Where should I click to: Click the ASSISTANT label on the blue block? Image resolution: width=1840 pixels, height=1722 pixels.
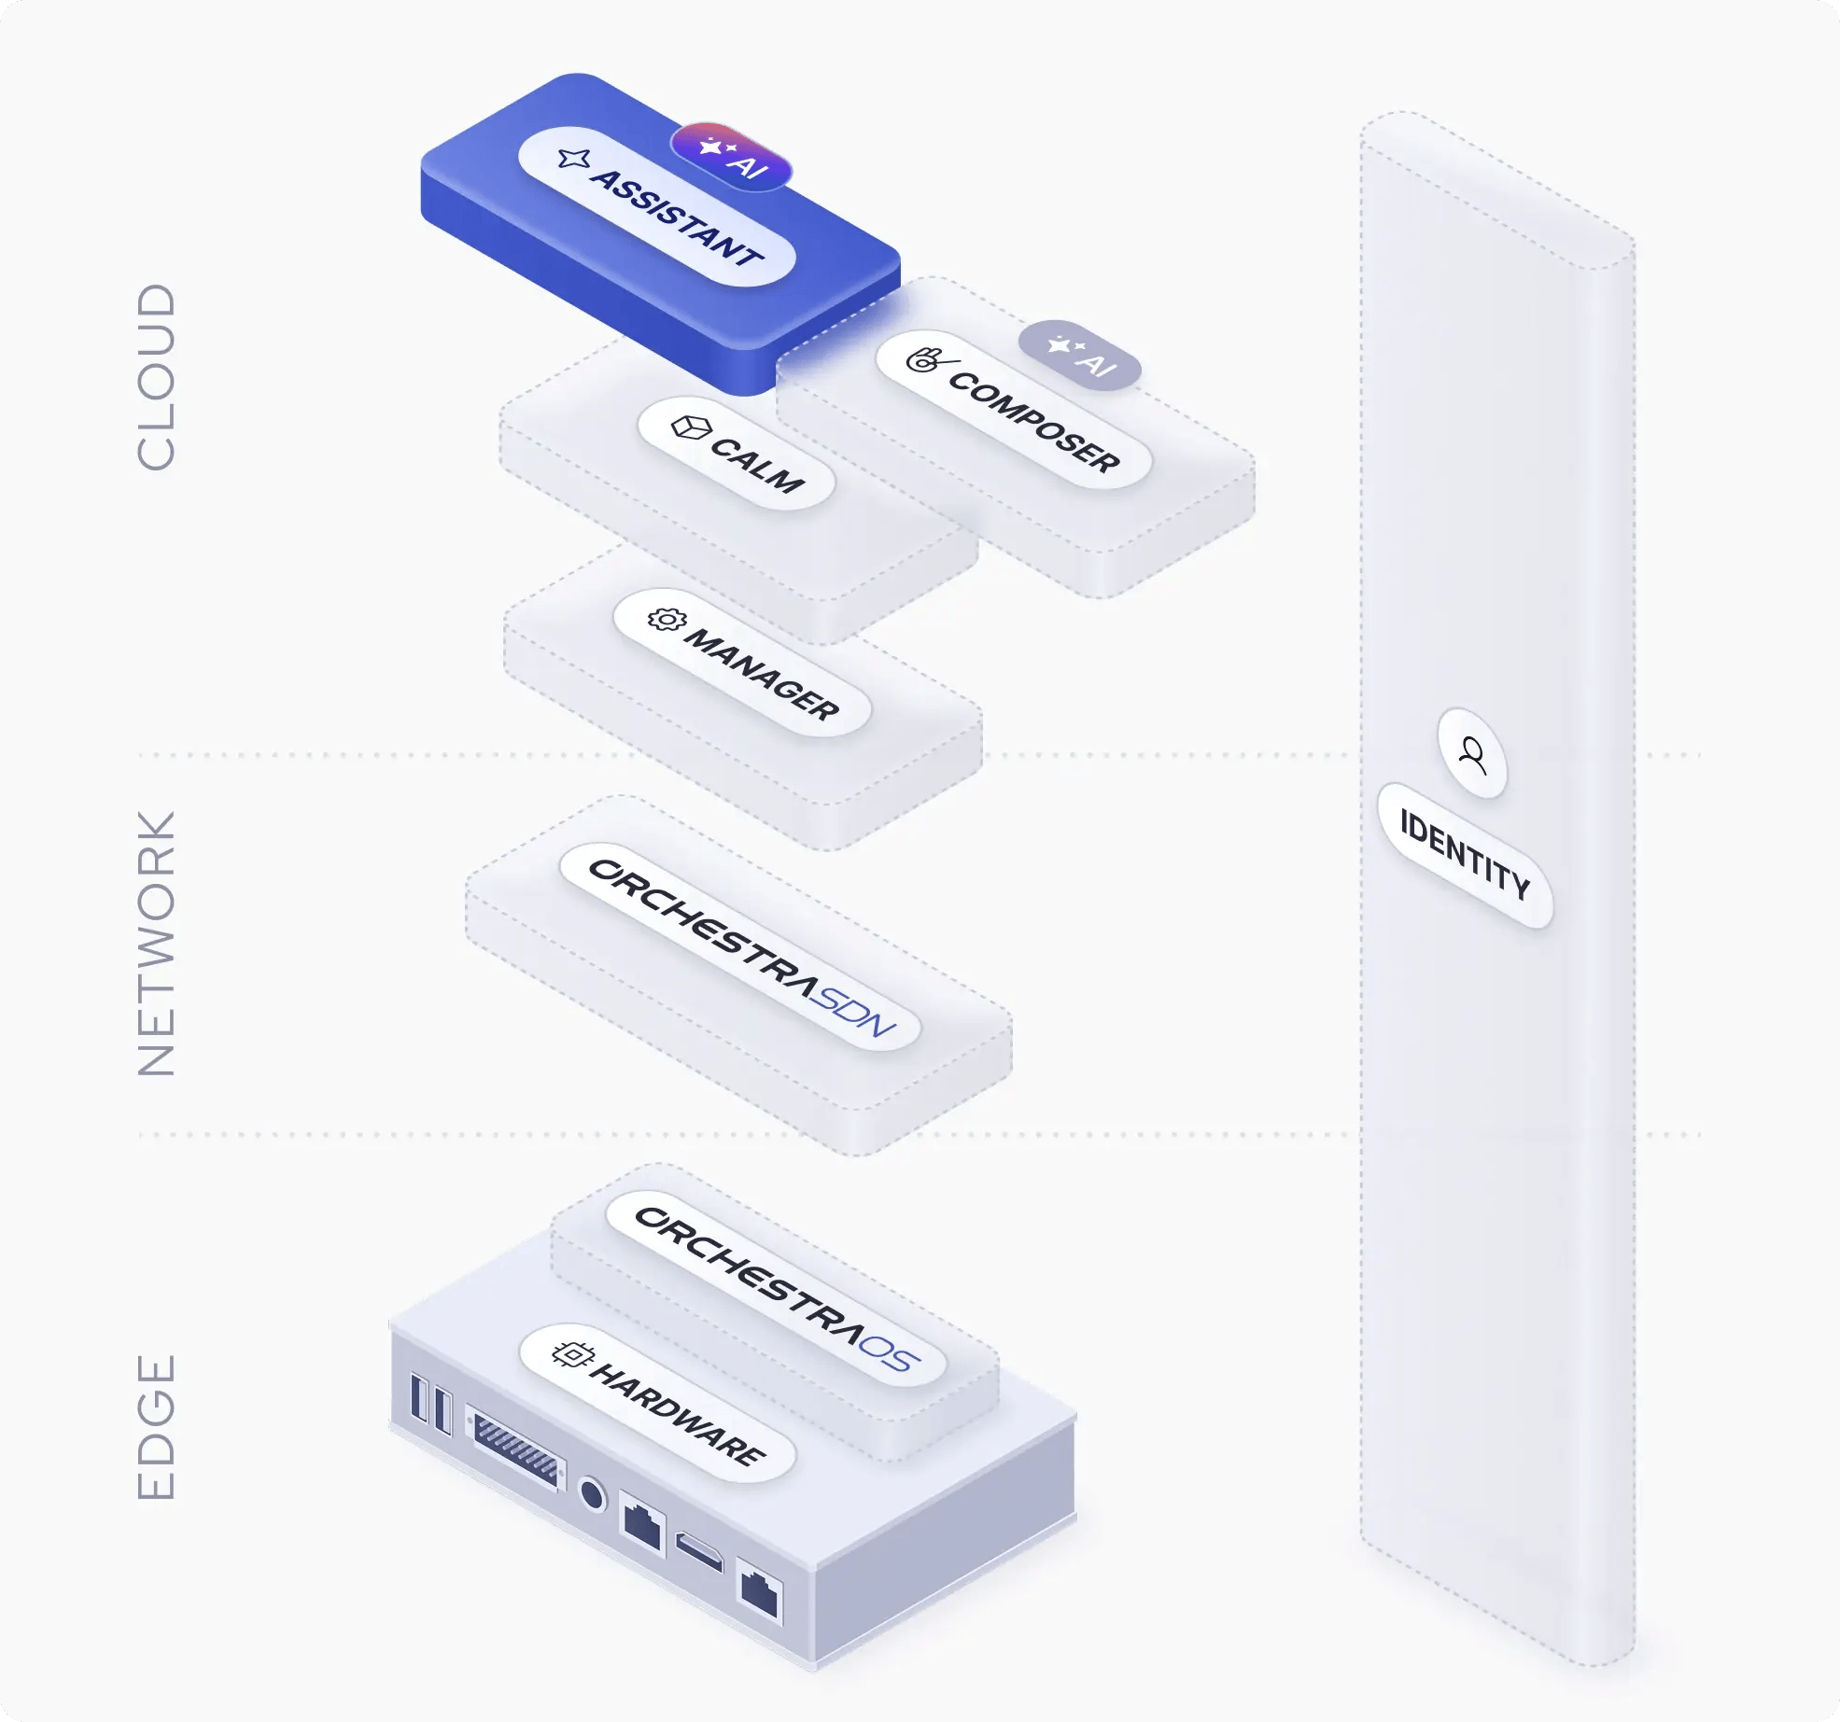coord(677,217)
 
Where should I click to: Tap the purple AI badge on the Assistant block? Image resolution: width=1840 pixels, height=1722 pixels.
coord(731,157)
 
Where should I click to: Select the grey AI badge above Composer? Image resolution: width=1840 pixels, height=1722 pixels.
coord(1080,355)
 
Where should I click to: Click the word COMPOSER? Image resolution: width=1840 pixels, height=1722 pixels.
coord(1034,422)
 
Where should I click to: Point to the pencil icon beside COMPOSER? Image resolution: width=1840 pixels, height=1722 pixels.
coord(930,358)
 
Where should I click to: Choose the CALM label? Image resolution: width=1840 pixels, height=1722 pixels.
coord(757,464)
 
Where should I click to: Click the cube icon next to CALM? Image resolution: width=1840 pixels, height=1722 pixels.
coord(691,427)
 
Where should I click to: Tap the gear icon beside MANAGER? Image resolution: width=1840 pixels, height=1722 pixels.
coord(667,619)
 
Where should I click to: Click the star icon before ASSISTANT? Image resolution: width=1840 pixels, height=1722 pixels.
coord(573,159)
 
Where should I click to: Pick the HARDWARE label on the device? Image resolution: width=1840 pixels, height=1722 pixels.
coord(679,1413)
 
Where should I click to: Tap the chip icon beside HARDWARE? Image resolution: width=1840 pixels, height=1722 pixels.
coord(572,1353)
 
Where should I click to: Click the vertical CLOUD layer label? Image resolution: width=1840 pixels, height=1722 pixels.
coord(156,377)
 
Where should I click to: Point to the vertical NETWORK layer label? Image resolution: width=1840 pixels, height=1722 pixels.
coord(156,943)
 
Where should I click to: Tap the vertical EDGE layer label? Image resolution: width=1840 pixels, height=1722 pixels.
coord(156,1426)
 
